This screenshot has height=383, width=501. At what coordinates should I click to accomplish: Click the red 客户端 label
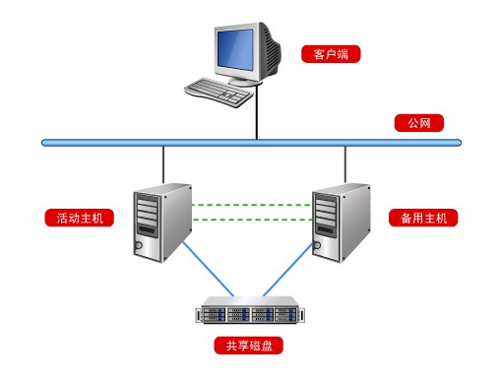[331, 54]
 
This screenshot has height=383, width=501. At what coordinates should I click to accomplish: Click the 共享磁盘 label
[249, 347]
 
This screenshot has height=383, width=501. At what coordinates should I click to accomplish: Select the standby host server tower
[341, 221]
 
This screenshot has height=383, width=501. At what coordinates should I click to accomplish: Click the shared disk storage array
[250, 314]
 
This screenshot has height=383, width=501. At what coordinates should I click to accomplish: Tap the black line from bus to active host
[163, 161]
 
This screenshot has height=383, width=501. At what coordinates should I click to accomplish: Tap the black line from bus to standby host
[345, 161]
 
